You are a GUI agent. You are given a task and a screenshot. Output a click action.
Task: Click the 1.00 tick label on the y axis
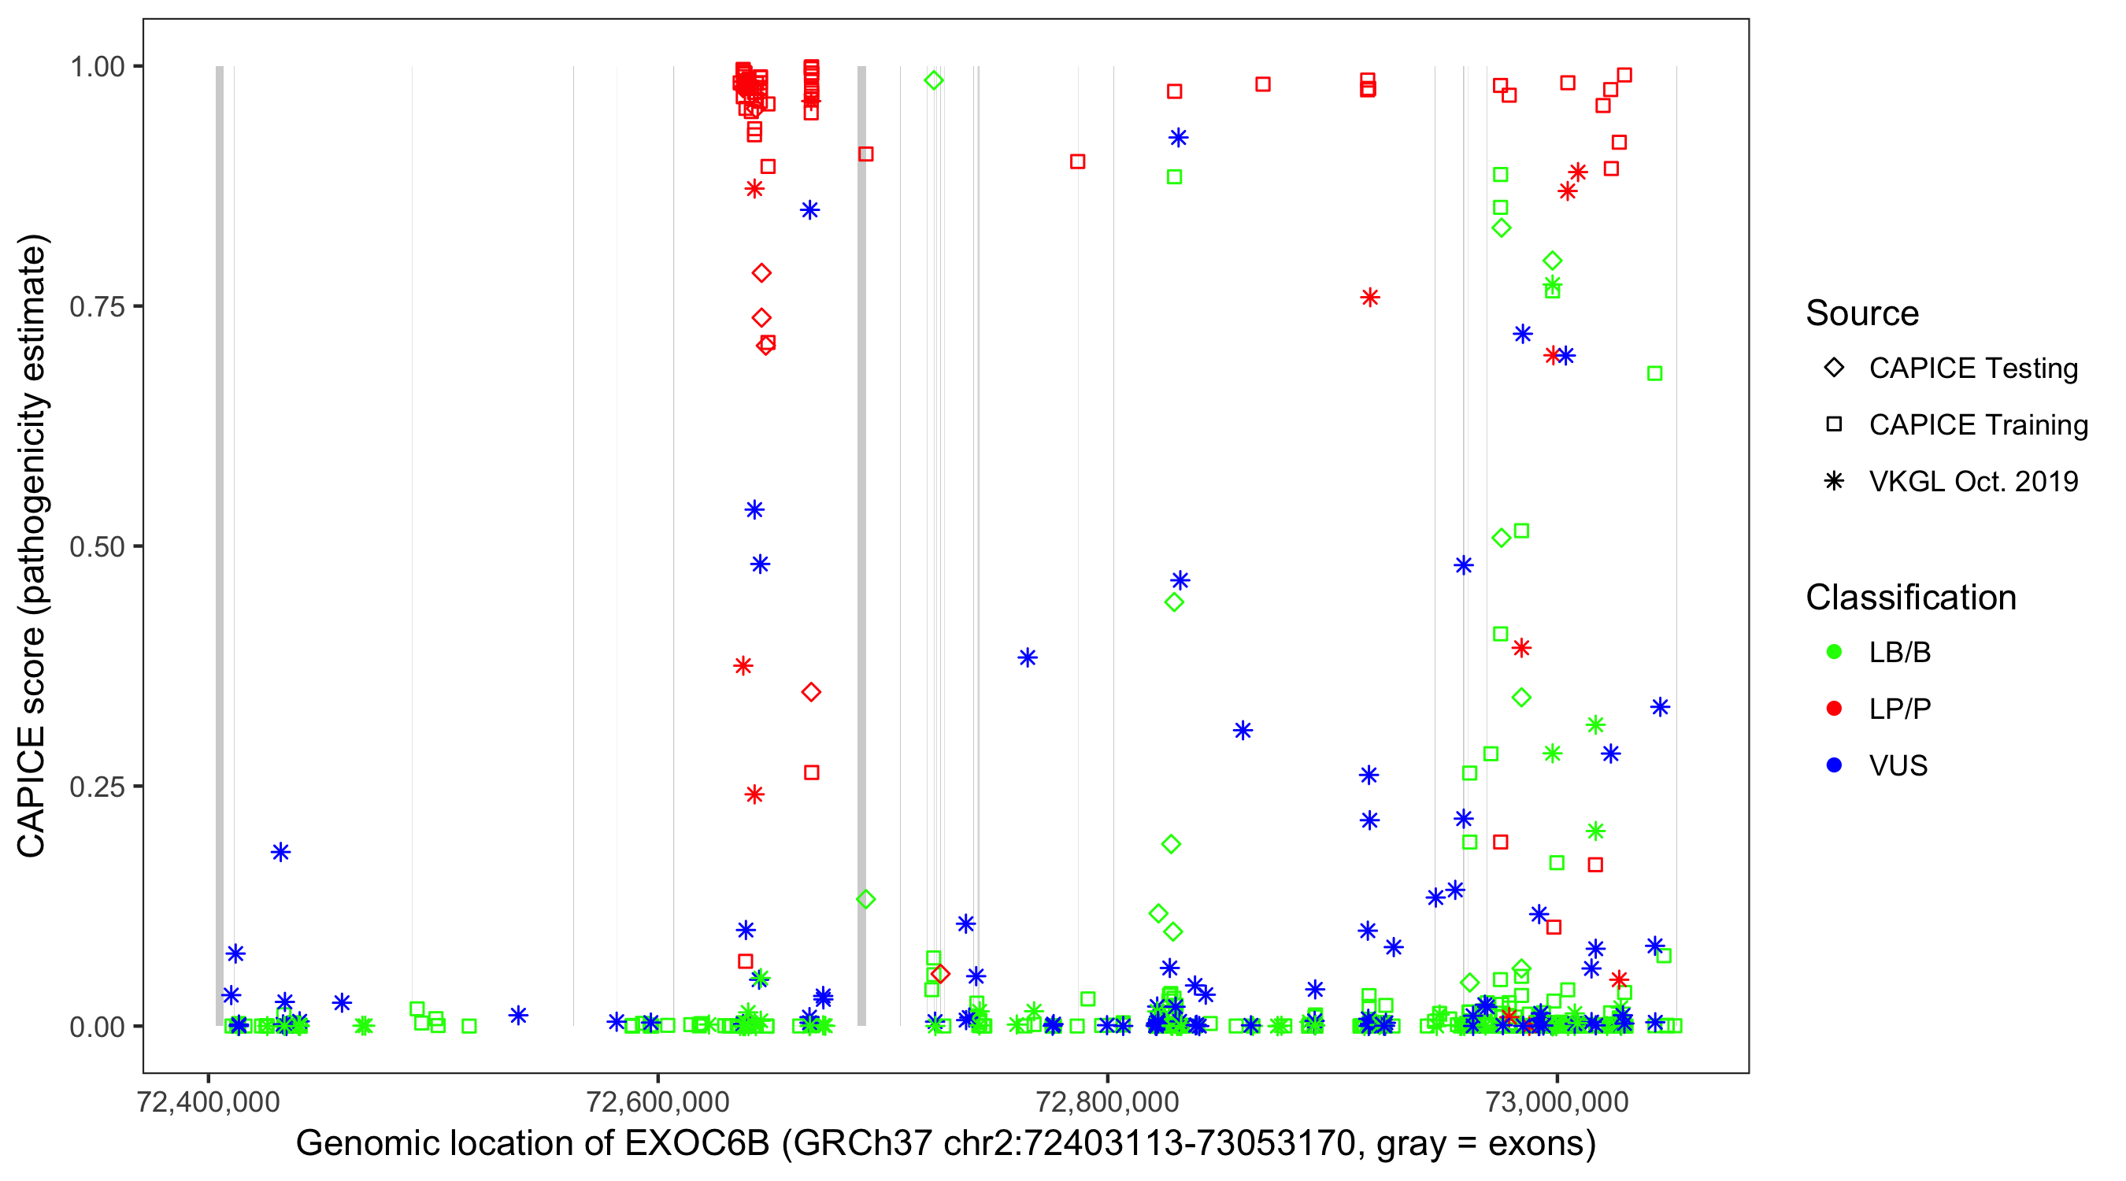click(97, 66)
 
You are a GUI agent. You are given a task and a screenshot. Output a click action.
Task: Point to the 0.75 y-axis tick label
click(97, 306)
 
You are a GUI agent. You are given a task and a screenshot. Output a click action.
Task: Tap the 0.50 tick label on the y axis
click(97, 546)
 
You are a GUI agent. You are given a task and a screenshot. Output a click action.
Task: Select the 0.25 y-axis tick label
click(97, 787)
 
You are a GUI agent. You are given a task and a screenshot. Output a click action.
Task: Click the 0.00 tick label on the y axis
click(97, 1027)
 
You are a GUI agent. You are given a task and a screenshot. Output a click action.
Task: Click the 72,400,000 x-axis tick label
click(209, 1101)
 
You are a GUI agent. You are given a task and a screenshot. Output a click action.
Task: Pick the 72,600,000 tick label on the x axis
click(657, 1101)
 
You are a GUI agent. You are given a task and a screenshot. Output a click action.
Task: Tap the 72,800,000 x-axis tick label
click(1108, 1101)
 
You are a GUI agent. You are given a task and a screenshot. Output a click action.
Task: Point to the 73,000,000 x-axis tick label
click(1557, 1101)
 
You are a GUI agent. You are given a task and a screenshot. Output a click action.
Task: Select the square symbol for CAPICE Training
click(1834, 424)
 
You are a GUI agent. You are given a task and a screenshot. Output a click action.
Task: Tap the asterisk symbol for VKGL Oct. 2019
click(1834, 481)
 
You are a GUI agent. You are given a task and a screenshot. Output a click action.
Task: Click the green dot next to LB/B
click(1834, 652)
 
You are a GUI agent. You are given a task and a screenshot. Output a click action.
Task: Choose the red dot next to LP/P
click(1834, 709)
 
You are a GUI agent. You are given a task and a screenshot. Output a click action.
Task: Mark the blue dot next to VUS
click(1834, 766)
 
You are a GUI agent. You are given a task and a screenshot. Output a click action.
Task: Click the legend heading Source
click(1862, 313)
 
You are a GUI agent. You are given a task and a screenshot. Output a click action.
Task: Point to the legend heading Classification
click(1910, 598)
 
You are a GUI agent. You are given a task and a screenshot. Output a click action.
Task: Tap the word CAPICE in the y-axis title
click(31, 792)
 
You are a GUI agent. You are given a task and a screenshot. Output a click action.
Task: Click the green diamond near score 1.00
click(933, 80)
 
